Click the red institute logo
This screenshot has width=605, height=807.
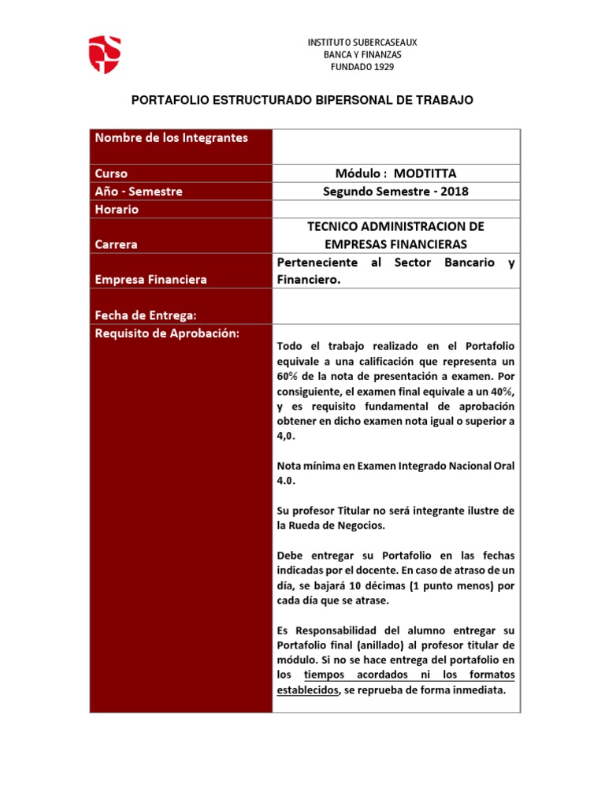pyautogui.click(x=103, y=54)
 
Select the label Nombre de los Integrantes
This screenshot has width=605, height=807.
pyautogui.click(x=172, y=138)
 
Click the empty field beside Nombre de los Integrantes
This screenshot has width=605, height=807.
pyautogui.click(x=395, y=146)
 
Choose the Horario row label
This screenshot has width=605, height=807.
pyautogui.click(x=117, y=210)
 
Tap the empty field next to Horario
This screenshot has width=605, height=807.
pyautogui.click(x=395, y=210)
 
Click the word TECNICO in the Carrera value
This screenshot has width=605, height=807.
pyautogui.click(x=336, y=227)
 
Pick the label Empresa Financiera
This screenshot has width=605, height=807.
pyautogui.click(x=151, y=280)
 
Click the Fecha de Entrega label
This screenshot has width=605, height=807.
pyautogui.click(x=145, y=315)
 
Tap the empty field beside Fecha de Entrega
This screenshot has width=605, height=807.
pyautogui.click(x=395, y=306)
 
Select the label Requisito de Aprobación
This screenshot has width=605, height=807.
pyautogui.click(x=166, y=333)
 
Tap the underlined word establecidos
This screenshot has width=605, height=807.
pyautogui.click(x=308, y=690)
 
